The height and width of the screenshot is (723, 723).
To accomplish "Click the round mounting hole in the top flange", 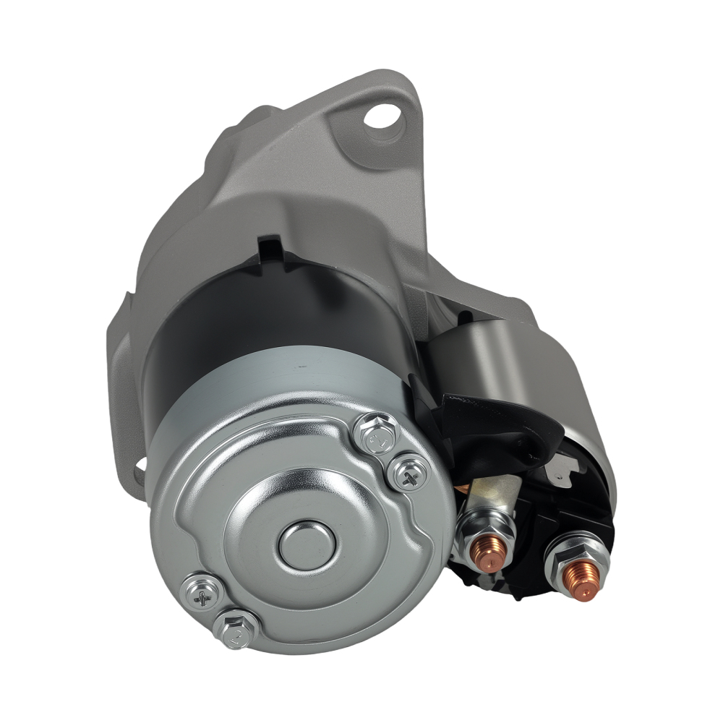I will coord(382,116).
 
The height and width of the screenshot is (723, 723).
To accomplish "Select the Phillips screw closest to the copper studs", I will coord(409,474).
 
